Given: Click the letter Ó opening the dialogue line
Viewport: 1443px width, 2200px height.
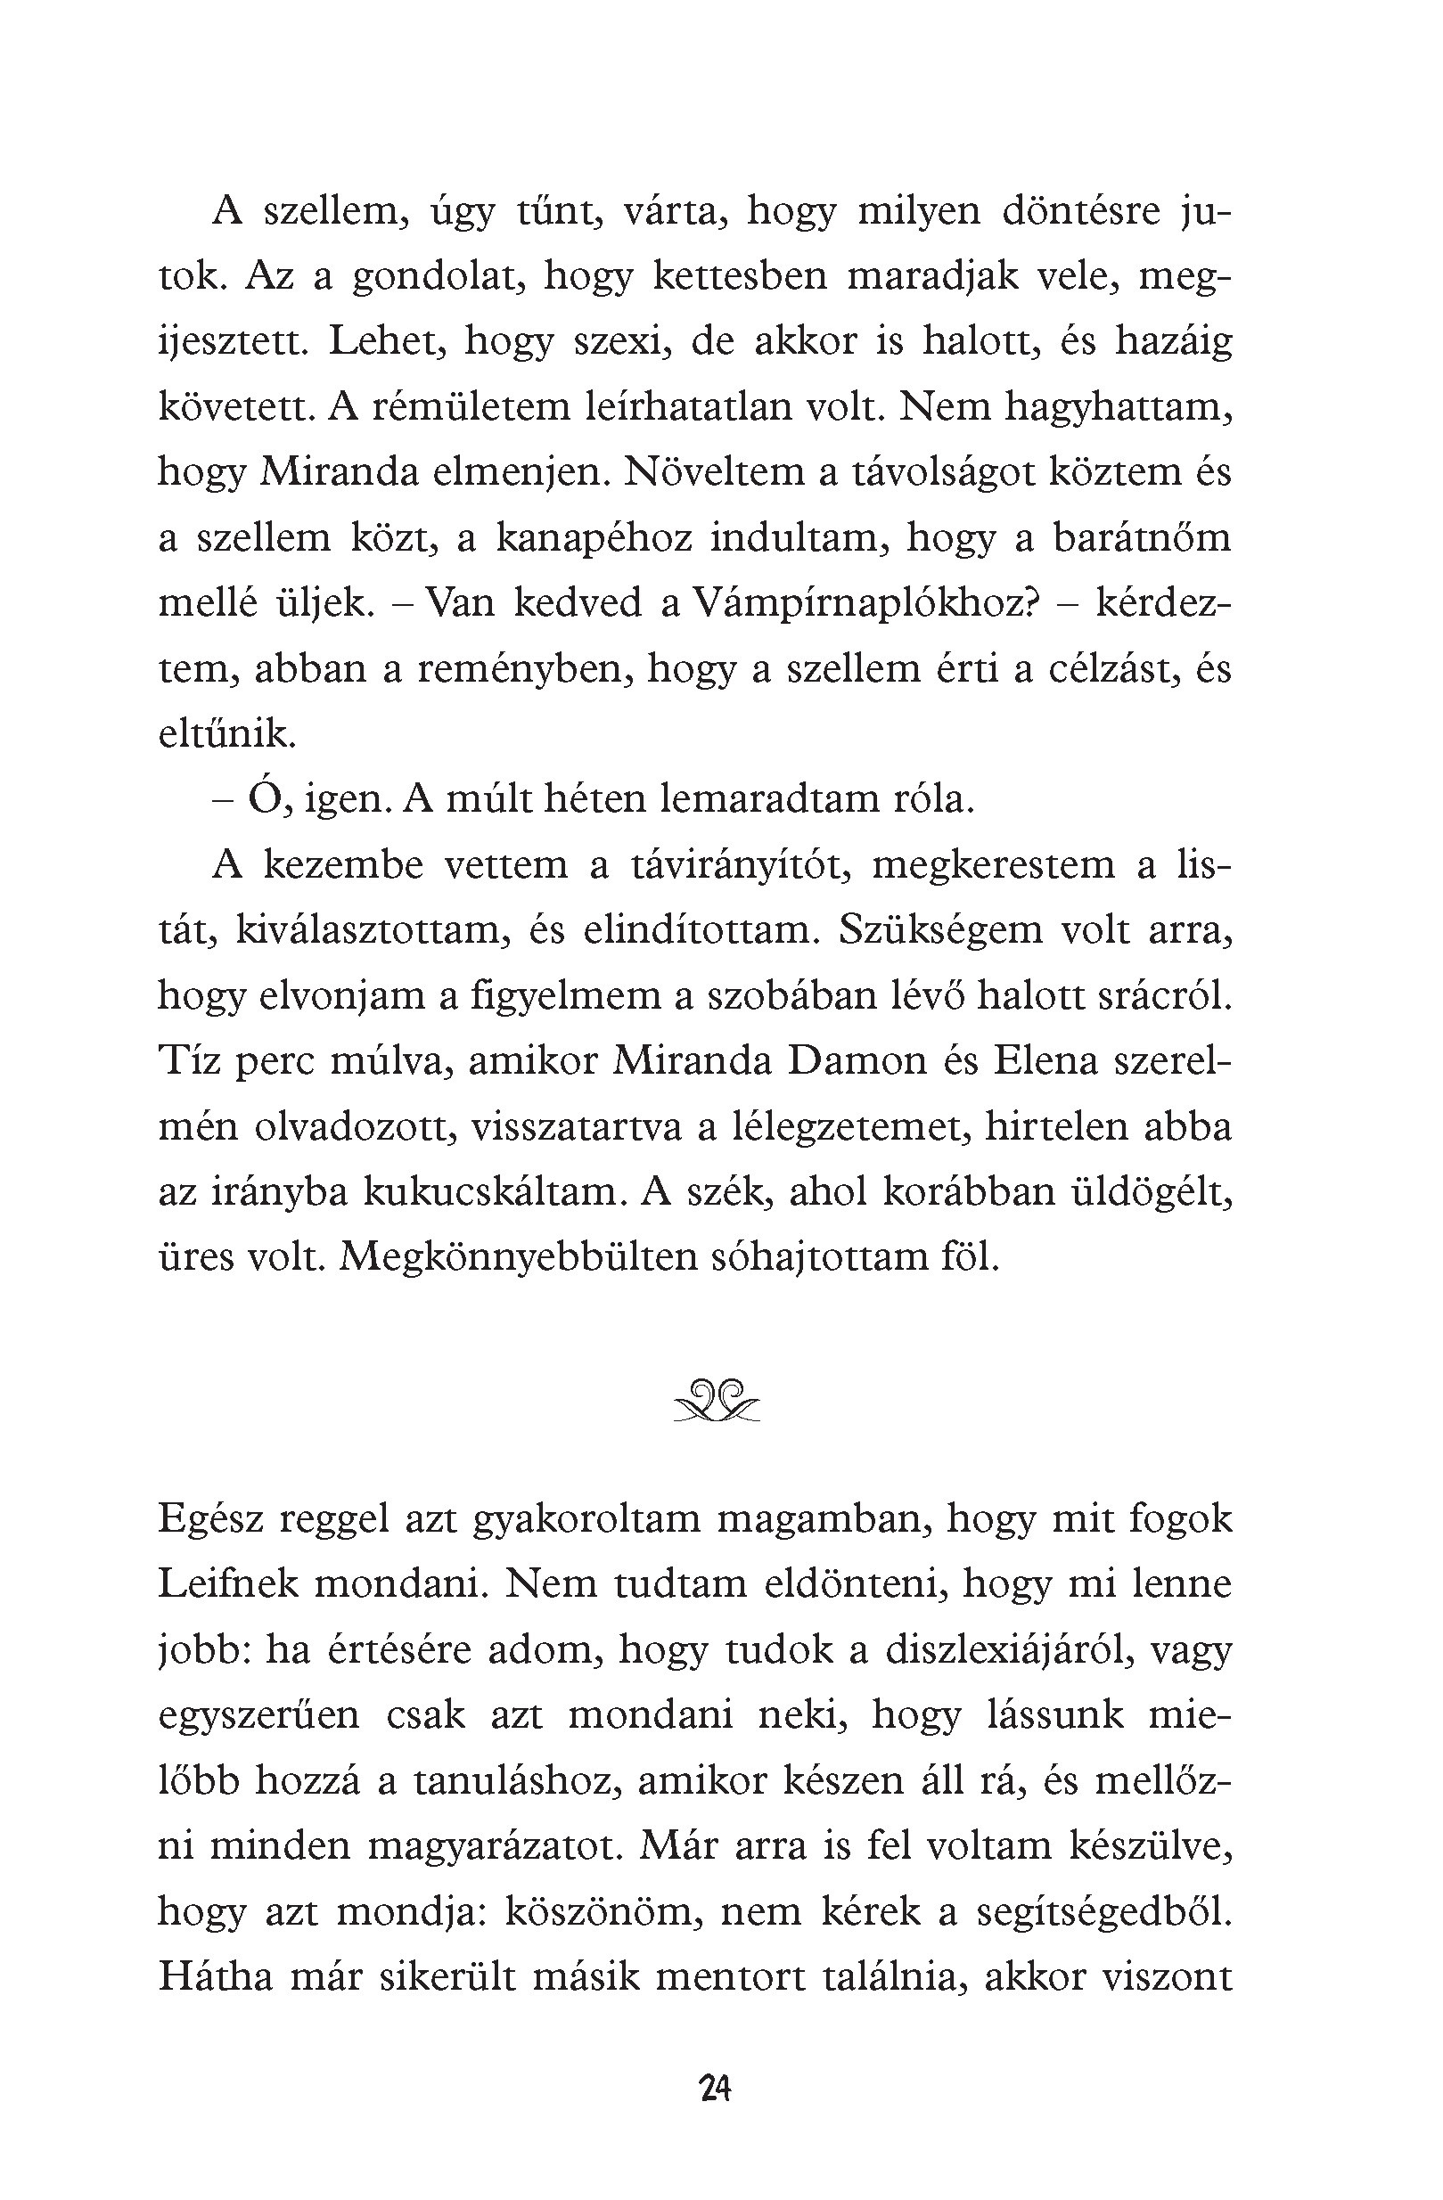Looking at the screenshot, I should click(264, 797).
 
